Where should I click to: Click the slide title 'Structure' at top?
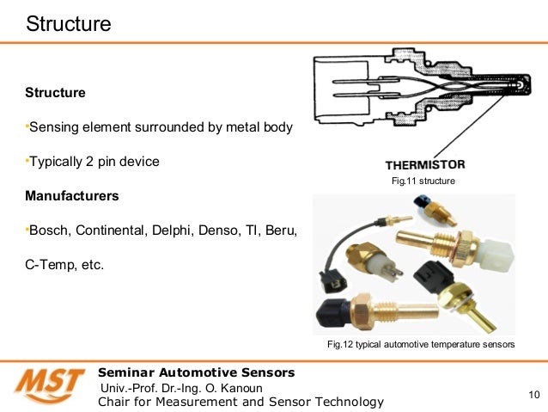point(69,23)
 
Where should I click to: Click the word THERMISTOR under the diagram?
point(424,164)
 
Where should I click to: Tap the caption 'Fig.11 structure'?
point(423,182)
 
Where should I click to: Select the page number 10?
point(533,395)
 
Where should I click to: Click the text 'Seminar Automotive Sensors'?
point(197,372)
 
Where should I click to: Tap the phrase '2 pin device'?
point(123,162)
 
